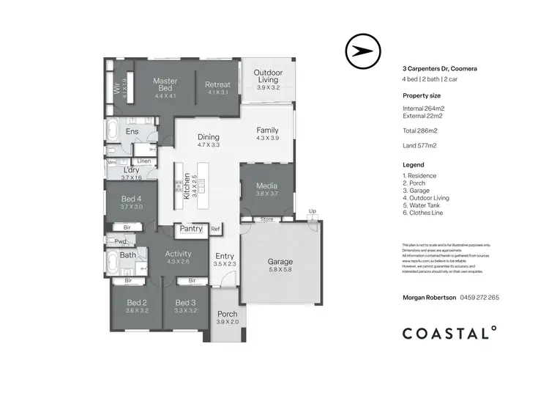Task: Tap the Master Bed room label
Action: coord(166,84)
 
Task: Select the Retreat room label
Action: coord(217,84)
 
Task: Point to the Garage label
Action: coord(280,261)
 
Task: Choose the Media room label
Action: coord(266,186)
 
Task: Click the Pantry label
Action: coord(190,229)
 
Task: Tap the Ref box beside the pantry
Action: coord(215,229)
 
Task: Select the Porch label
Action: coord(227,314)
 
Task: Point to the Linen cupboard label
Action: coord(144,161)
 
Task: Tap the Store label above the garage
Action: coord(266,219)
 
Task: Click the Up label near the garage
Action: coord(313,211)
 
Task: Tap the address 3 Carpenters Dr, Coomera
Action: coord(440,68)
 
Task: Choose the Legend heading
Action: coord(414,165)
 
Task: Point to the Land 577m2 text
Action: coord(419,145)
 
